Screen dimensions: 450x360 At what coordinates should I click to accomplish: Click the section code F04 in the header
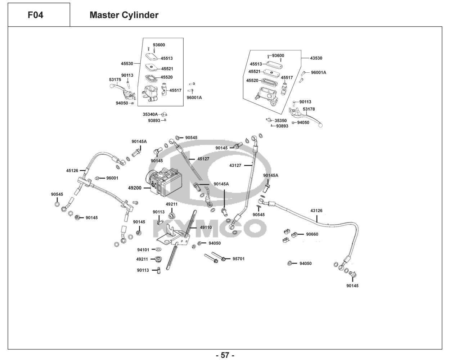pos(35,15)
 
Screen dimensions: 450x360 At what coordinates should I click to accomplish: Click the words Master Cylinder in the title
pos(124,15)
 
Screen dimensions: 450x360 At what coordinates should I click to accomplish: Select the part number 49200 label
pos(135,188)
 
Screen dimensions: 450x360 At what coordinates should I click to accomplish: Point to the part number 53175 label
pos(115,80)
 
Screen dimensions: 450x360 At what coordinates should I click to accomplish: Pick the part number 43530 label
pos(316,58)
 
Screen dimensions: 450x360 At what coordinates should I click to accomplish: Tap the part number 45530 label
pos(127,63)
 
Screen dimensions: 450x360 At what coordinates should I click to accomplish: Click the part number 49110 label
pos(206,228)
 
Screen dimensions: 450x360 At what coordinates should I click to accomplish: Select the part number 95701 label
pos(238,259)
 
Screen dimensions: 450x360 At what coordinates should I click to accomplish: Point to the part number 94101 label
pos(143,250)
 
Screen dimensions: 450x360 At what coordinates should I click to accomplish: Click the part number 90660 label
pos(312,234)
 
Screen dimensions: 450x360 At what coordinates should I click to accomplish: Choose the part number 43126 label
pos(316,211)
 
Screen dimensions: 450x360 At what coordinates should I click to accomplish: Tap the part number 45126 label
pos(72,171)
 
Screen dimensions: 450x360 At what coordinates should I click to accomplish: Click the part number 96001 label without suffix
pos(112,178)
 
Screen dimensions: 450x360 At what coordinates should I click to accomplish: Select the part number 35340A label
pos(150,114)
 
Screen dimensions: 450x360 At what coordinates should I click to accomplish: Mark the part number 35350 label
pos(281,121)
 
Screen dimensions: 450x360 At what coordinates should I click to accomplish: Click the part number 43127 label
pos(235,166)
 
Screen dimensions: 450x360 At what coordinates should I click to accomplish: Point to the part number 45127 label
pos(203,159)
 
